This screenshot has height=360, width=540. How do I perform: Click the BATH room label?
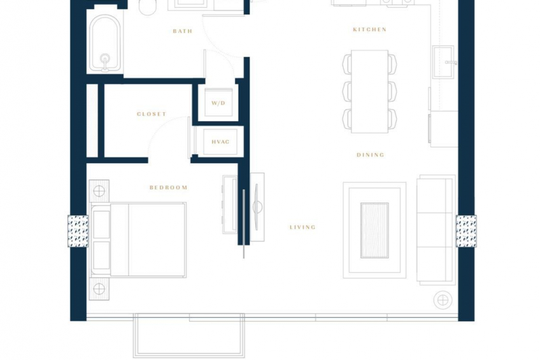coord(183,31)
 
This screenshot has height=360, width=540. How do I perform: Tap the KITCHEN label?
coord(369,29)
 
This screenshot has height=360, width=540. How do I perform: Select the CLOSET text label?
coord(152,114)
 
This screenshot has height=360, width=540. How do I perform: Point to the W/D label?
coord(218,103)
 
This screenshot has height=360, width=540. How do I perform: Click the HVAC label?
coord(220,141)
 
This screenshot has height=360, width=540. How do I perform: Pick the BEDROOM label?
coord(168,187)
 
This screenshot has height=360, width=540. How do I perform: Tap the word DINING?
coord(370,155)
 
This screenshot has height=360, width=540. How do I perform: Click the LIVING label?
coord(302,227)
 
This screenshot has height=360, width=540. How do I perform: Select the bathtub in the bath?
coord(105,43)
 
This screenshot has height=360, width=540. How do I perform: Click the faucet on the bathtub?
coord(105,62)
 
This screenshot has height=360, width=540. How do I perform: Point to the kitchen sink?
coord(444,62)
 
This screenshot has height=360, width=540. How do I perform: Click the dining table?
coord(369,91)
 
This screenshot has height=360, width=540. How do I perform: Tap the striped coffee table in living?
coord(374,231)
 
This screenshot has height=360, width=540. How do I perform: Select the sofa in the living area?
coord(436,230)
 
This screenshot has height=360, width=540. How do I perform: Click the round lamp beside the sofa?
coord(443,300)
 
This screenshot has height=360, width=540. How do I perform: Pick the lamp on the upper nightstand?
coord(99,191)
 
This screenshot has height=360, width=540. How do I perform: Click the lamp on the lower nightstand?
coord(99,289)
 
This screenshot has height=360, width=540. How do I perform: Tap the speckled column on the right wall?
coord(466,231)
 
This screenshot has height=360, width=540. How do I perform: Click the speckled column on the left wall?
coord(78,231)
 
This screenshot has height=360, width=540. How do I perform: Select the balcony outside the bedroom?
coord(188,336)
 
